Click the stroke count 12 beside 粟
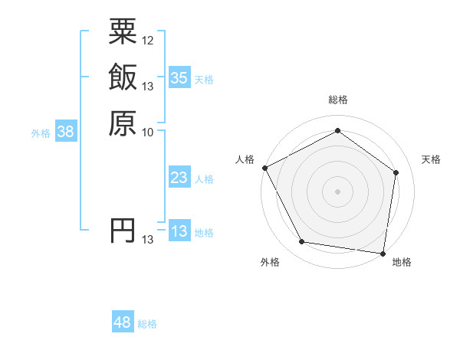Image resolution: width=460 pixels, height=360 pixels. (x=148, y=40)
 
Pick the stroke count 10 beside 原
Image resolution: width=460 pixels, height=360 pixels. (x=148, y=132)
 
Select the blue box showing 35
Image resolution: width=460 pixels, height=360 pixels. (x=179, y=78)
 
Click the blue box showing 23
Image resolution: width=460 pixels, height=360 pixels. (x=179, y=178)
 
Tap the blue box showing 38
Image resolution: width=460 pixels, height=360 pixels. (x=66, y=133)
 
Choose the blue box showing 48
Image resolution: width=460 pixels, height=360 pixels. (x=123, y=323)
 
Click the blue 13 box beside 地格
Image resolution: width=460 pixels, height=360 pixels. (x=179, y=232)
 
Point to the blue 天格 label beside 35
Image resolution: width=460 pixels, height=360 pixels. (x=204, y=80)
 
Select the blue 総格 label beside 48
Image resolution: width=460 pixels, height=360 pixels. (x=147, y=325)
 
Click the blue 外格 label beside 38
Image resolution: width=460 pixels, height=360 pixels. (x=41, y=133)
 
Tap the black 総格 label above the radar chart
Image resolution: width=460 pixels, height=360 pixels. (x=337, y=100)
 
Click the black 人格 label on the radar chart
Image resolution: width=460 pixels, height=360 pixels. (x=245, y=159)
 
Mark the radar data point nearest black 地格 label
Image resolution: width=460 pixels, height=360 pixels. (x=383, y=253)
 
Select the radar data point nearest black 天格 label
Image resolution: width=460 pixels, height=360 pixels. (x=396, y=172)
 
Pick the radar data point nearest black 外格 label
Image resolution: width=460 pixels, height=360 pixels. (x=302, y=242)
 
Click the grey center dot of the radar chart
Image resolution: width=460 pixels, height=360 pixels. (x=337, y=191)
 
